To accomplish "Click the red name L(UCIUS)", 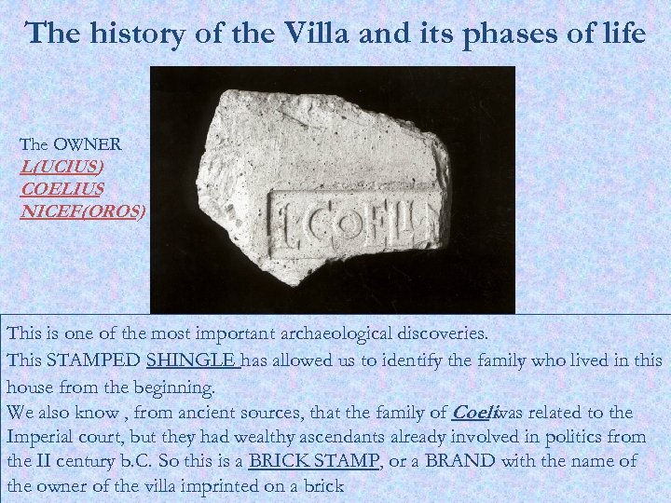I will pyautogui.click(x=62, y=167).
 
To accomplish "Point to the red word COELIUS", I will pyautogui.click(x=62, y=189).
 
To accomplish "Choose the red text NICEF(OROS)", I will pyautogui.click(x=82, y=211).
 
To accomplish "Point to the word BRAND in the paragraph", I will pyautogui.click(x=461, y=461).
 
